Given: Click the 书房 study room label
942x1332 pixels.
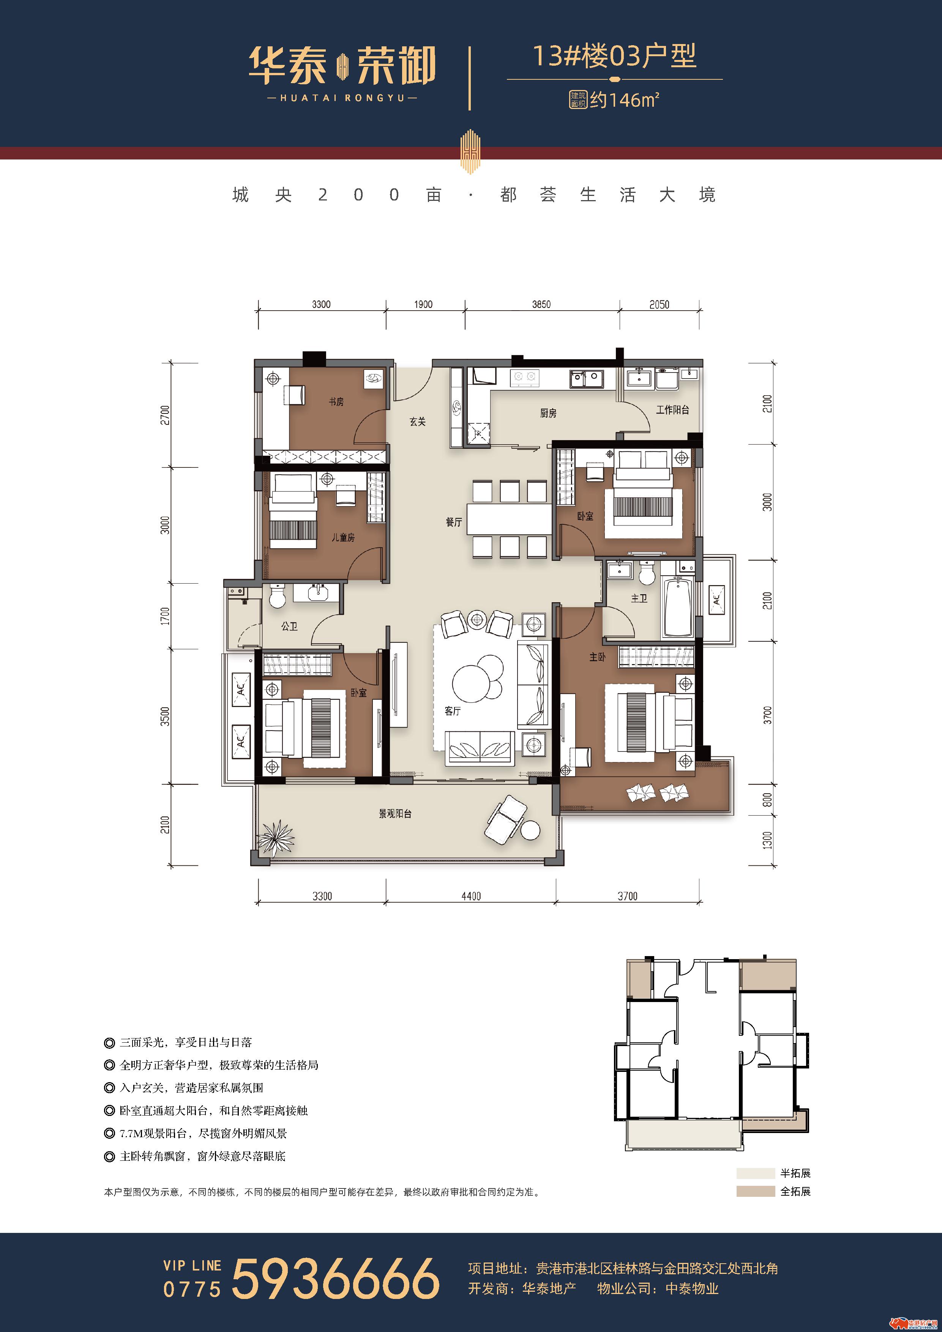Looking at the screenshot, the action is coord(336,401).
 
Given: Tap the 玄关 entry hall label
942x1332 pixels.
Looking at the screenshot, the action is coord(418,422).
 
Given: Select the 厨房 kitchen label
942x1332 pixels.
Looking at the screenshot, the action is coord(548,413).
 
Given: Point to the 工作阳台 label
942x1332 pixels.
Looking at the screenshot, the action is coord(672,410).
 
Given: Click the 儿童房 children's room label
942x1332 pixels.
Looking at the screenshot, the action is coord(343,538).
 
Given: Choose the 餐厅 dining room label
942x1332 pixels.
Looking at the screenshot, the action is coord(454,522).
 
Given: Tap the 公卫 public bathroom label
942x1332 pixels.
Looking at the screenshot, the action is coord(289,626).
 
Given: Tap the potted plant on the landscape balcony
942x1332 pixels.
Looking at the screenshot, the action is coord(276,837).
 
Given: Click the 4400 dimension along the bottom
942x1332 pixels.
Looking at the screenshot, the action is coord(471,896).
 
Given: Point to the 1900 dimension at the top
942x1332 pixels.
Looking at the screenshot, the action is coord(423,305).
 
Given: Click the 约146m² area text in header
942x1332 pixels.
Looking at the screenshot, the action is coord(625,100).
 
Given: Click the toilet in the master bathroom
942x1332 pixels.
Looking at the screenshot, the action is coord(647,573).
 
